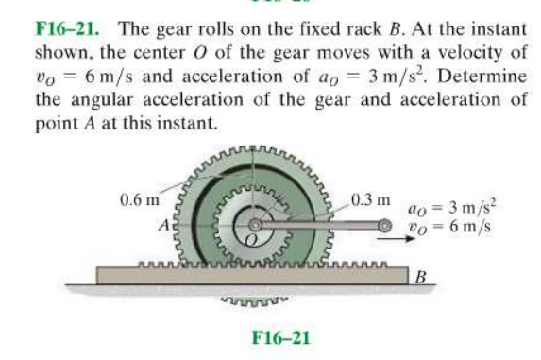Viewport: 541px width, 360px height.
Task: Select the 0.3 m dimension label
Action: click(371, 199)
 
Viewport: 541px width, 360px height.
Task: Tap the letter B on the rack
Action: click(422, 278)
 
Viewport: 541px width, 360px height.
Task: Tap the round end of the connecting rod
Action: click(384, 226)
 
